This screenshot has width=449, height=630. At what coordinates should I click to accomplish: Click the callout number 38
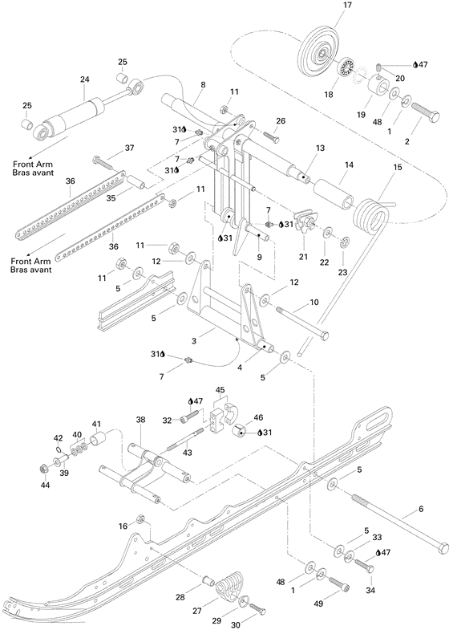pos(140,420)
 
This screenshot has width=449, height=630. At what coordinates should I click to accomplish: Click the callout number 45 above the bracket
pos(220,390)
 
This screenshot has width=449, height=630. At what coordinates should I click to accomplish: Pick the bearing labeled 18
pos(348,69)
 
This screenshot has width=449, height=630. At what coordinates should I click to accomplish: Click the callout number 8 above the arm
pos(202,84)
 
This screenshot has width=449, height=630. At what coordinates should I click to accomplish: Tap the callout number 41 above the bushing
pos(96,424)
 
